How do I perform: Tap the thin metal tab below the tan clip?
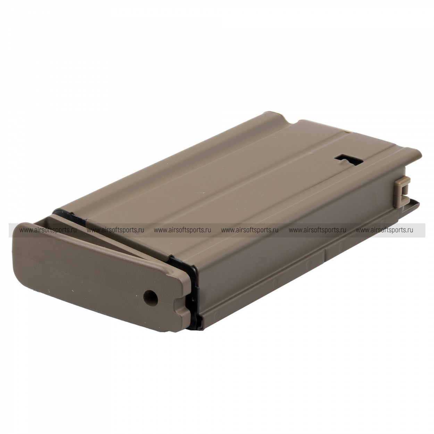(x=413, y=203)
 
